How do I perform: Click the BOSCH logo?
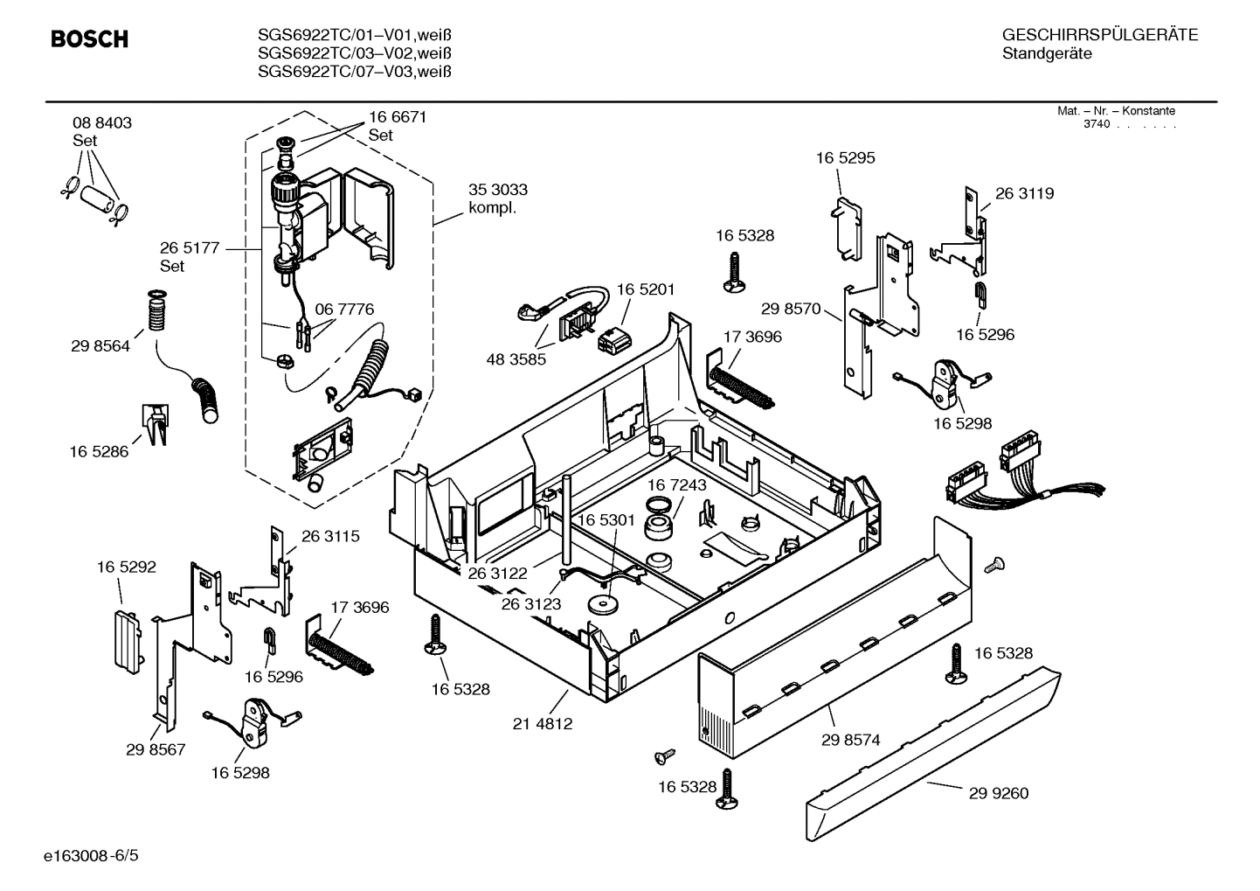pos(89,39)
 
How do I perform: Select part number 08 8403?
pos(102,123)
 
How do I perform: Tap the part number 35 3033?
pos(497,190)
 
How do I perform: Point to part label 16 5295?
pos(845,158)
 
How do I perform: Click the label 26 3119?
pos(1024,193)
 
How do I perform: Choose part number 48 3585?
pos(516,358)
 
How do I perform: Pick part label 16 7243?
pos(677,484)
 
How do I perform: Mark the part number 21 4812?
pos(543,724)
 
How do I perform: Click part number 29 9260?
pos(999,793)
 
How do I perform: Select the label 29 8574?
pos(850,740)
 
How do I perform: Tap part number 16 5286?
pos(99,452)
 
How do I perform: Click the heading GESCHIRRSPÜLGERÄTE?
pos(1100,36)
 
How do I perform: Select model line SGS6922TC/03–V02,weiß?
pos(354,53)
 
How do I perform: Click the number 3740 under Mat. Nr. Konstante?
pos(1096,124)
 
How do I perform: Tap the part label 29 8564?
pos(100,346)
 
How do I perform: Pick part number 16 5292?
pos(127,567)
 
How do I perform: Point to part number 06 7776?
pos(344,310)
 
